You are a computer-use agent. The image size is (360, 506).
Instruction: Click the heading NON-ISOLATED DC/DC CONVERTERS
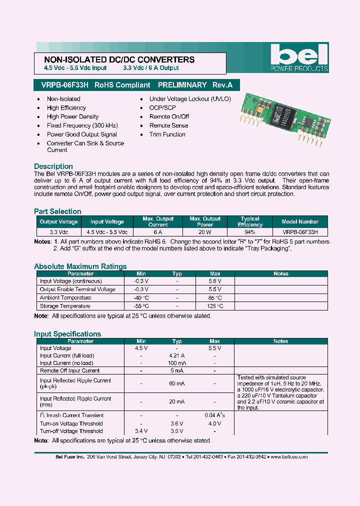click(116, 59)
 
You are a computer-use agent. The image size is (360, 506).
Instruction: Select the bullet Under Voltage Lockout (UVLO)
click(190, 99)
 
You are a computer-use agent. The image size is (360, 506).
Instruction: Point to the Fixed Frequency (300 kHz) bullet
click(75, 125)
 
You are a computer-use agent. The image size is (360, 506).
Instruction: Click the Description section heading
click(53, 166)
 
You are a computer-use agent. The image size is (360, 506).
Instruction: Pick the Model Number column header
click(300, 222)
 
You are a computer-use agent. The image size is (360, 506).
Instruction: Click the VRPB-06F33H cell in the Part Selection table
click(300, 232)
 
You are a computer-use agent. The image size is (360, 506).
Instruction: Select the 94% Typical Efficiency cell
click(250, 232)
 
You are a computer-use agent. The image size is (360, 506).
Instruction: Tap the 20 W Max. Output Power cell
click(205, 232)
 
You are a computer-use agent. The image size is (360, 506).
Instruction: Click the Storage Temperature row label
click(65, 306)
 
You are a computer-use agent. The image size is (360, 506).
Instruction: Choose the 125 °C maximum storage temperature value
click(215, 306)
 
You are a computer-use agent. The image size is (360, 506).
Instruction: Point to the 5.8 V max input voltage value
click(215, 281)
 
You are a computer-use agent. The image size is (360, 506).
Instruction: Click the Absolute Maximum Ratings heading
click(80, 266)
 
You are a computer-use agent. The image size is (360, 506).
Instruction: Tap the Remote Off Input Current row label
click(69, 370)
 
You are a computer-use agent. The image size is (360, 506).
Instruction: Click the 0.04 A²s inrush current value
click(214, 415)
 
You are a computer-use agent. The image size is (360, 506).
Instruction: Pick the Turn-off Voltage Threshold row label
click(71, 431)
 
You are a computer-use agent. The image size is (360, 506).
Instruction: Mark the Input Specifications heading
click(67, 334)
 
